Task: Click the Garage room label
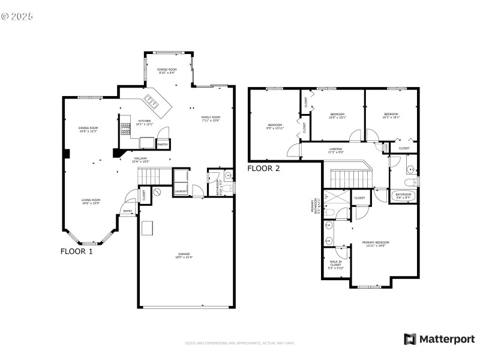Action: tap(184, 256)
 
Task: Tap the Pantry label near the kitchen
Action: tap(162, 145)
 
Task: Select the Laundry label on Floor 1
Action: tap(181, 191)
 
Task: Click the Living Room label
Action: tap(91, 202)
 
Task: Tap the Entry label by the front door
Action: tap(127, 211)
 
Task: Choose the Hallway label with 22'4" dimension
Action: tap(141, 159)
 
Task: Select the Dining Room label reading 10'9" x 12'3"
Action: tap(88, 130)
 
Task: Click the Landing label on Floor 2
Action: tap(335, 150)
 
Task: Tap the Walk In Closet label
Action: tap(336, 264)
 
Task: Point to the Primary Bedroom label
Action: tap(373, 244)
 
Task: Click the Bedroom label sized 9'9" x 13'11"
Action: tap(275, 126)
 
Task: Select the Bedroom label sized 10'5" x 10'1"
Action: tap(338, 115)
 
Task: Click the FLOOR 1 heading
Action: tap(77, 251)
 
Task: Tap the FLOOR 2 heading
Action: tap(264, 169)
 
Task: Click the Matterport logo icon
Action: tap(410, 339)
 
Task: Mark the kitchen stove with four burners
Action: tap(126, 130)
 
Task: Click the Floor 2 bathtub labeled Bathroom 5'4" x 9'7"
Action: tap(403, 196)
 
